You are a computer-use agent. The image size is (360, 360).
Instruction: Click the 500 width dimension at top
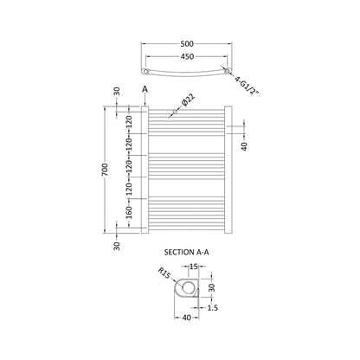(x=187, y=44)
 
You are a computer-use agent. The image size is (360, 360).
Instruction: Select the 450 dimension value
(x=187, y=57)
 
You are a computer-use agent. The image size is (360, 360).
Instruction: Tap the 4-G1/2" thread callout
(x=246, y=85)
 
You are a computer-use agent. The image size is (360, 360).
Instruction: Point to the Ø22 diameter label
(x=188, y=100)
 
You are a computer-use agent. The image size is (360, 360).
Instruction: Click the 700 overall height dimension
(x=106, y=170)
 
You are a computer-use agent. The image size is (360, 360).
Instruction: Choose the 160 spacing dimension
(x=129, y=212)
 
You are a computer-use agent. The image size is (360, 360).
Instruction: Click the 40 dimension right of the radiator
(x=244, y=146)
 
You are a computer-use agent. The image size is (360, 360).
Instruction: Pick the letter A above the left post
(x=145, y=89)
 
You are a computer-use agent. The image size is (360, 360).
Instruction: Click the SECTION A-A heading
(x=186, y=253)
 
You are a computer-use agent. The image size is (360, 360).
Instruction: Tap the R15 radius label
(x=164, y=273)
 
